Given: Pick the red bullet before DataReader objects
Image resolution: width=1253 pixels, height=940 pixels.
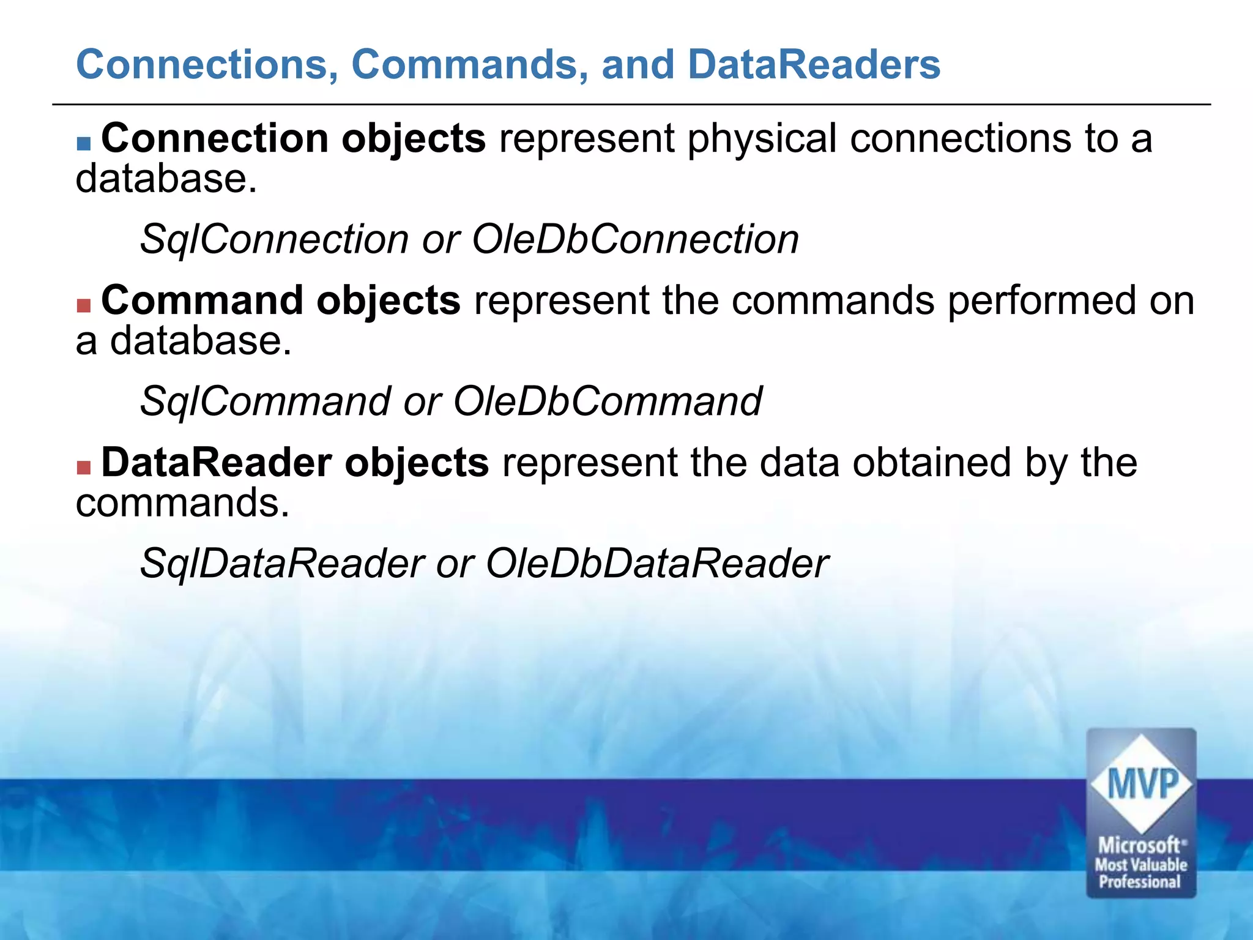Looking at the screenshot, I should coord(84,468).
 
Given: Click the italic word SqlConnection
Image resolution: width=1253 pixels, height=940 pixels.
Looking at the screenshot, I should coord(274,239).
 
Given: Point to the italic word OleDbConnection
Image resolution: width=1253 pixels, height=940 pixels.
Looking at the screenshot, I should coord(635,239).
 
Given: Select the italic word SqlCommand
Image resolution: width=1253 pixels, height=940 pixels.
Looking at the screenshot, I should coord(264,401).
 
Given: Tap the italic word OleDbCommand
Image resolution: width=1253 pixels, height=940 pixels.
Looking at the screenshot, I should coord(607,401).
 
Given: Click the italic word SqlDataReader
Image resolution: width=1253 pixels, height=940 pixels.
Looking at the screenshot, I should coord(282,563).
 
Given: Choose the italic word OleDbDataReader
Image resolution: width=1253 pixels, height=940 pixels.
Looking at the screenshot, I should coord(657,563).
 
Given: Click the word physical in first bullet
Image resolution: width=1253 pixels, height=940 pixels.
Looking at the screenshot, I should coord(762,140).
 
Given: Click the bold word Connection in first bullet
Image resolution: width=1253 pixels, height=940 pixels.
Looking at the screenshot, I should coord(215,138).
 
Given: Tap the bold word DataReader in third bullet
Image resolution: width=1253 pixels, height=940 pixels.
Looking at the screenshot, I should coord(216,463).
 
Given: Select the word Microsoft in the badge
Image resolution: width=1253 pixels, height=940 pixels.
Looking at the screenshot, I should coord(1139,846).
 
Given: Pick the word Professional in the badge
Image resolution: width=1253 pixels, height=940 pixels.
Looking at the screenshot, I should coord(1139,882).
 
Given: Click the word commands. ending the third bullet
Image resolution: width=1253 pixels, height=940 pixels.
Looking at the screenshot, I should coord(182,503).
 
